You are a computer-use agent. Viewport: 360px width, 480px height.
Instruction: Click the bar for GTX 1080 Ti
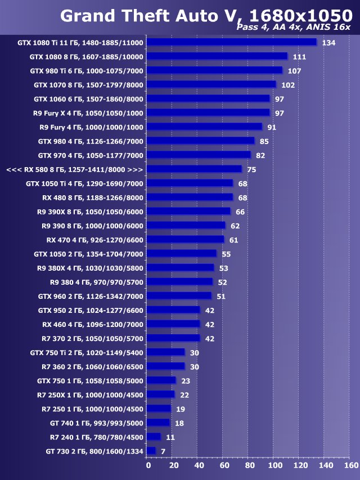pos(231,42)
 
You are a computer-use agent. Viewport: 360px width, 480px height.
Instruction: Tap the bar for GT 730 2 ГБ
pos(151,451)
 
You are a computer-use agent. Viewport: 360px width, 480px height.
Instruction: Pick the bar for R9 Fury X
pos(208,113)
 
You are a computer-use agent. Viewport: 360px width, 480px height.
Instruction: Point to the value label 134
pos(328,43)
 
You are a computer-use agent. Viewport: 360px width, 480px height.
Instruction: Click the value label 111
pos(299,57)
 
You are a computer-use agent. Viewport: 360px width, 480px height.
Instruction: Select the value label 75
pos(251,169)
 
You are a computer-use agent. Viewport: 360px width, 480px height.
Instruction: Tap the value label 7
pos(163,451)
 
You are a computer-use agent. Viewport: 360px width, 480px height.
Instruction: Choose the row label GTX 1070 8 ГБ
pos(88,85)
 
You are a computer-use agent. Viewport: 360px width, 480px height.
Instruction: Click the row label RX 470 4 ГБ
pos(95,240)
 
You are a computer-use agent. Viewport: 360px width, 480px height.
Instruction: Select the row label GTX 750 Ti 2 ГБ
pos(87,352)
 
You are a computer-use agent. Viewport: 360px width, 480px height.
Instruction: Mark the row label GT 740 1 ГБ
pos(96,423)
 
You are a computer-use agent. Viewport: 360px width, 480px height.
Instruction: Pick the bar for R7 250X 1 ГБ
pos(160,394)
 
